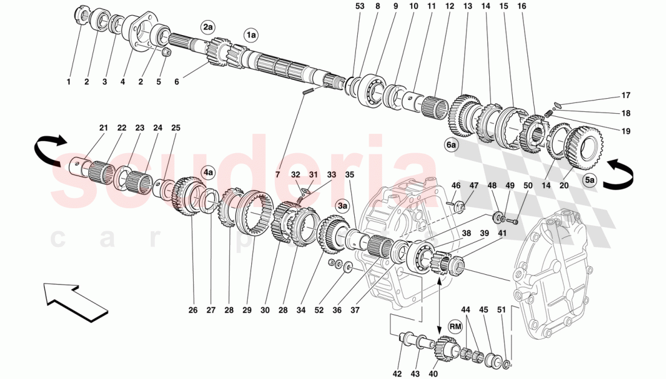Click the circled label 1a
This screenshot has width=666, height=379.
coord(251,36)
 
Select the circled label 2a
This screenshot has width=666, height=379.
coord(208,27)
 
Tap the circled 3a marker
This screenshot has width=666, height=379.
coord(343,205)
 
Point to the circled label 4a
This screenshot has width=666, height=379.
coord(208,173)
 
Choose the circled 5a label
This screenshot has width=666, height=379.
coord(590,179)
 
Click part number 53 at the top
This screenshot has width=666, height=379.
coord(360,6)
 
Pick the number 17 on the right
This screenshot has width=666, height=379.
coord(626,95)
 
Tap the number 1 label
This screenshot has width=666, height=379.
coord(68,81)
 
